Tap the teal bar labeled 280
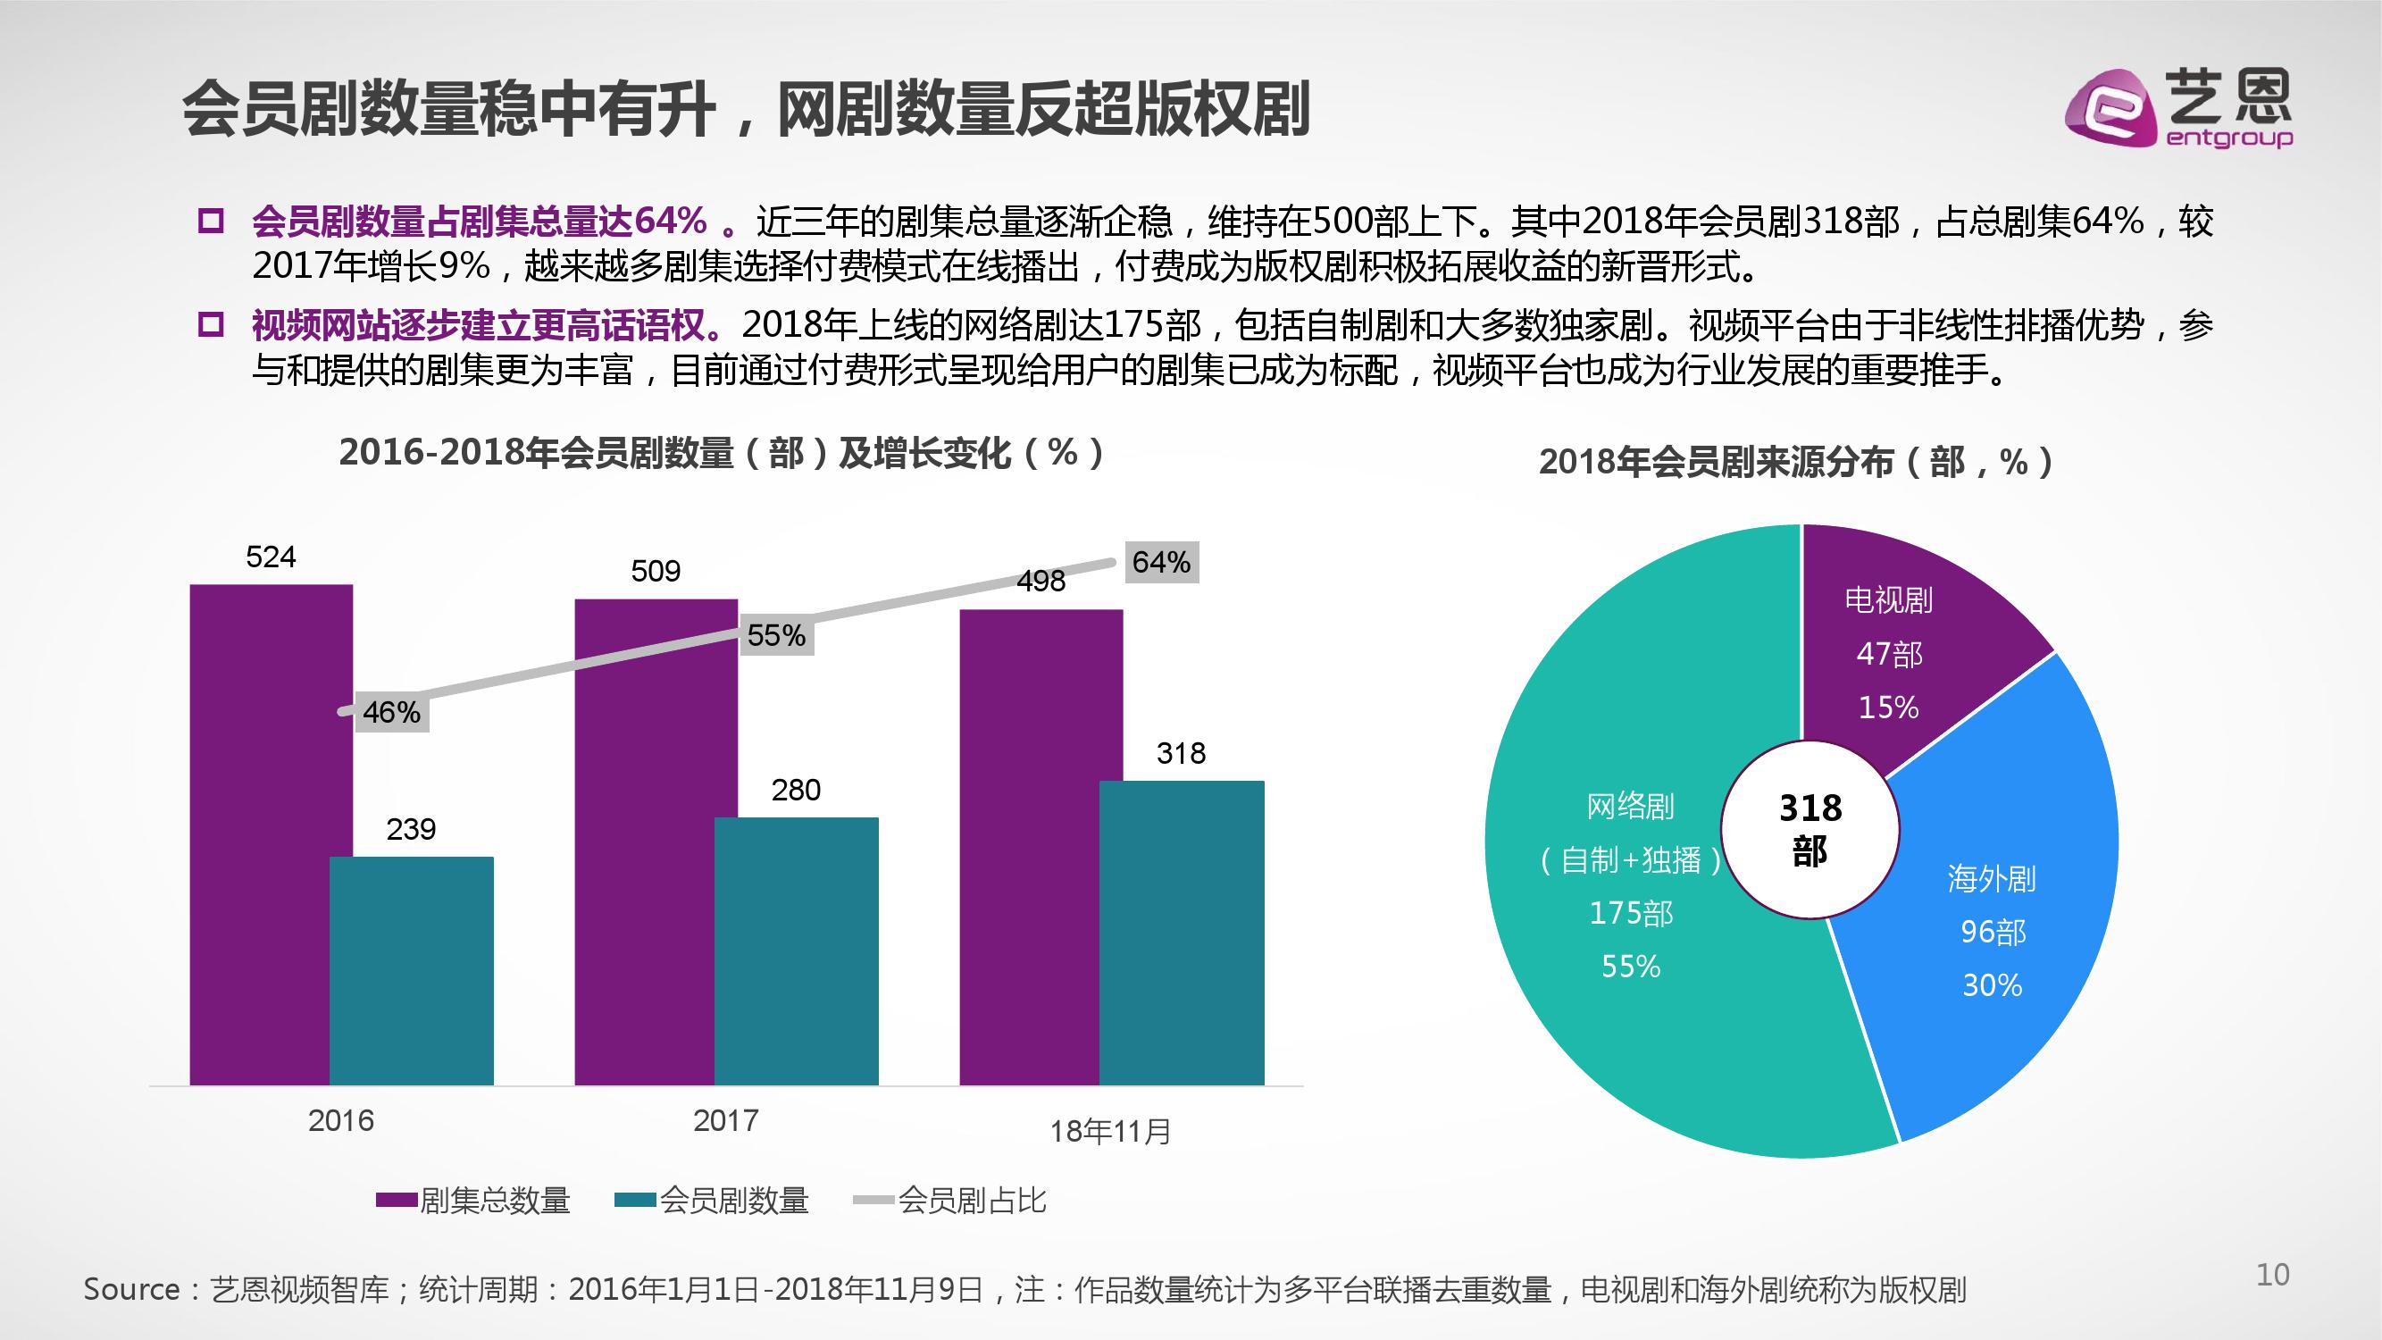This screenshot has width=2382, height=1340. coord(796,952)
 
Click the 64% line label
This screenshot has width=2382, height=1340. coord(1160,562)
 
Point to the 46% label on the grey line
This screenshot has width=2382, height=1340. coord(391,712)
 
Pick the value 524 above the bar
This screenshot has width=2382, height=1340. coord(271,557)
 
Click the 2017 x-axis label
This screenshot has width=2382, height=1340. coord(726,1121)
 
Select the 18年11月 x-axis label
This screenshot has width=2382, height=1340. coord(1109,1131)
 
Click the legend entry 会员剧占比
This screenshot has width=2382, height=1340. coord(971,1201)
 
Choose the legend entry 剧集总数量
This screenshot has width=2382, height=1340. coord(495,1201)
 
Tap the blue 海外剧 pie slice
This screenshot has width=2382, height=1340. coord(2007,925)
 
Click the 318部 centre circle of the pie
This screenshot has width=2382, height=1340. coord(1809,829)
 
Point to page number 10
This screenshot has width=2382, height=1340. coord(2272,1276)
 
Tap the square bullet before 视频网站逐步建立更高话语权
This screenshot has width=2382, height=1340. coord(212,324)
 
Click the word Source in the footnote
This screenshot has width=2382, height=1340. coord(131,1289)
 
